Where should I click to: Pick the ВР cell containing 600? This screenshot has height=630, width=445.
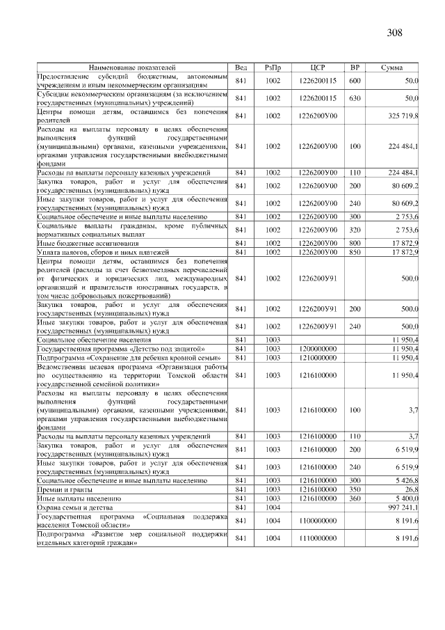[355, 81]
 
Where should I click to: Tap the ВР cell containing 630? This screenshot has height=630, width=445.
[355, 98]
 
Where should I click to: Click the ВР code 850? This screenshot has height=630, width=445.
[355, 252]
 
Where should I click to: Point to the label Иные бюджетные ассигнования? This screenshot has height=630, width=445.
[86, 243]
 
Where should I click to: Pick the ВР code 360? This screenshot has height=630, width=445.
[355, 499]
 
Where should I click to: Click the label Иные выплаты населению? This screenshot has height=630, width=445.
[79, 499]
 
